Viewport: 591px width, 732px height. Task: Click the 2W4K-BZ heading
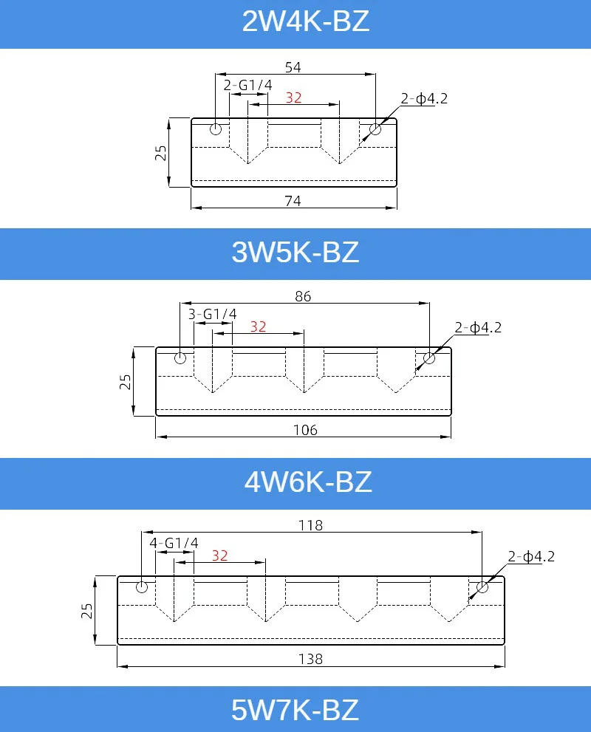306,21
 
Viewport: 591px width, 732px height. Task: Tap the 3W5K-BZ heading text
295,252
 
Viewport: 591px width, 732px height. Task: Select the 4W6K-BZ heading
308,482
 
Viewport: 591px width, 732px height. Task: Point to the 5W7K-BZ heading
295,710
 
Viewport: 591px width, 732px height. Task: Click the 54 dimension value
293,67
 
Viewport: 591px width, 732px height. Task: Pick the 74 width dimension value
293,201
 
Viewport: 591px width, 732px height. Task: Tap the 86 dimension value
303,296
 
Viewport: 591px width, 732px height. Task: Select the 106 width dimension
305,430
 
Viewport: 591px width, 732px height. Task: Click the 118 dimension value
311,525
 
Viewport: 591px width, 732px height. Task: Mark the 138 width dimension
311,659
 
